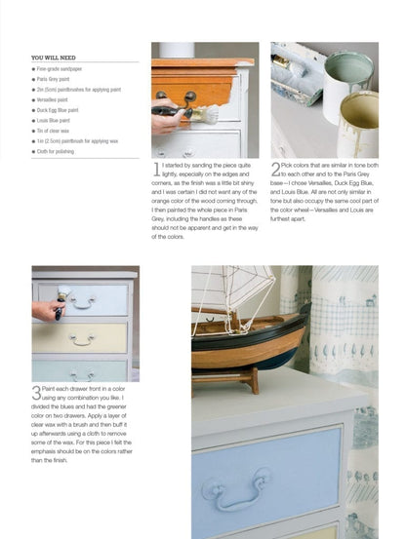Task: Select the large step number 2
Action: (x=276, y=170)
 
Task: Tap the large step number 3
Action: (x=36, y=392)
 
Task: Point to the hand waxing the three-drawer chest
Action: (x=46, y=310)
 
